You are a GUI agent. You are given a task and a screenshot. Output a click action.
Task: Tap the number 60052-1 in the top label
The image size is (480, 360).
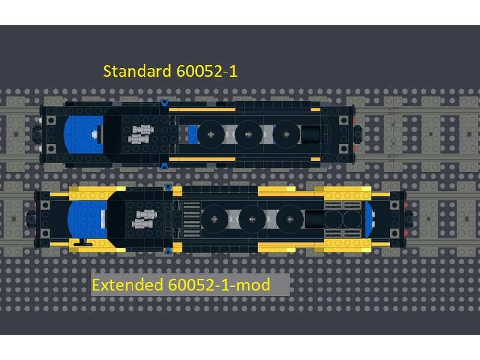point(207,72)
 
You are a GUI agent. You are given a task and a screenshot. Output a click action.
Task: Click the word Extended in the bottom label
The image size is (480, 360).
point(128,285)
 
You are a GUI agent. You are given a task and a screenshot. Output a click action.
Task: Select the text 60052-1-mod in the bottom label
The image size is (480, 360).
point(219,285)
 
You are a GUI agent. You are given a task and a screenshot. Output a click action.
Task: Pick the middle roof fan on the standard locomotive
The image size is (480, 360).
point(249,134)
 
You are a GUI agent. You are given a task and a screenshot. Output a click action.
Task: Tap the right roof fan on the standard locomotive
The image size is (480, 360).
point(286,134)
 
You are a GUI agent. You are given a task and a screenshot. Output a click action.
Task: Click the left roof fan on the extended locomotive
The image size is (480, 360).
point(214,219)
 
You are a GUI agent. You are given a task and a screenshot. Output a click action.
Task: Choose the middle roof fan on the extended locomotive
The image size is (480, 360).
point(252,219)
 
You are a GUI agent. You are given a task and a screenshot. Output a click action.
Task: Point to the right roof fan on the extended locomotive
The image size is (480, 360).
point(289,219)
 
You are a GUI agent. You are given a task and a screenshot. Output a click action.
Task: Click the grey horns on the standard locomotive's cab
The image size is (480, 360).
point(141,134)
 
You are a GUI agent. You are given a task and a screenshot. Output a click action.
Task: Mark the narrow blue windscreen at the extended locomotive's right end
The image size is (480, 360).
point(370,219)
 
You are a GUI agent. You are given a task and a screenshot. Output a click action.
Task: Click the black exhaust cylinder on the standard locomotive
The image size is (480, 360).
point(312,134)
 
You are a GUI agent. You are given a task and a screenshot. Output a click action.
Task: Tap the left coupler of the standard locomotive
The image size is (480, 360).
point(37,134)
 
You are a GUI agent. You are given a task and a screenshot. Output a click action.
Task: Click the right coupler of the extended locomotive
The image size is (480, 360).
point(409,219)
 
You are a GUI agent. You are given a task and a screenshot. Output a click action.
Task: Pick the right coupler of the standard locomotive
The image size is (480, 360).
point(359,134)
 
